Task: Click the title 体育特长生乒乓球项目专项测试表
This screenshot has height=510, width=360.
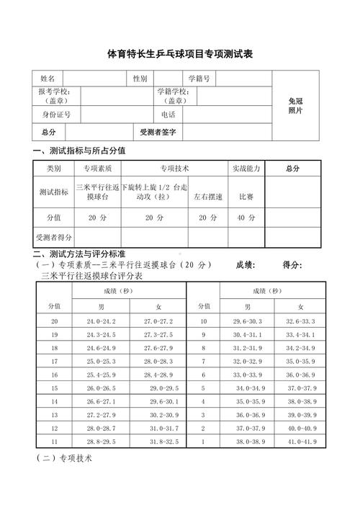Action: click(x=180, y=54)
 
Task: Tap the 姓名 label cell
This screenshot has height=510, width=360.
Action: click(x=48, y=79)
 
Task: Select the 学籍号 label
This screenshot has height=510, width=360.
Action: click(x=199, y=79)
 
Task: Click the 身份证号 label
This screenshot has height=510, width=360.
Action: click(x=55, y=115)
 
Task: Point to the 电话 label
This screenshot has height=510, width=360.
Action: click(x=168, y=115)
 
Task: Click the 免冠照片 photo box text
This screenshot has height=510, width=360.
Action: click(x=295, y=106)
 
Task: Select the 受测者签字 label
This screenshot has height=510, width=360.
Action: click(x=158, y=133)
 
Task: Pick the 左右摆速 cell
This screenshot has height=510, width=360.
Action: click(x=208, y=195)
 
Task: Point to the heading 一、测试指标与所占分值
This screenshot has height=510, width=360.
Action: click(x=80, y=151)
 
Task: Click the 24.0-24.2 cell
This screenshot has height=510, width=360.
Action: click(x=101, y=321)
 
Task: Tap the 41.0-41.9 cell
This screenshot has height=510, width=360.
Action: click(x=300, y=442)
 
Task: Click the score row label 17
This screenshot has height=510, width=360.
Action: click(x=55, y=361)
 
